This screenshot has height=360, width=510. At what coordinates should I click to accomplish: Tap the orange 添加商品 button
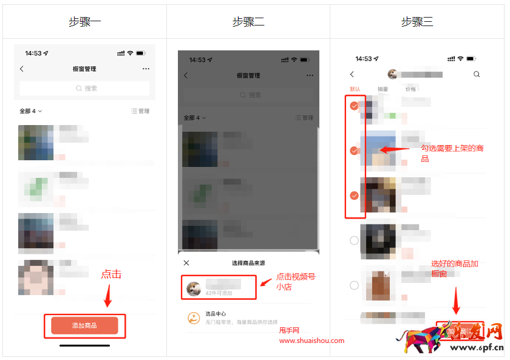pos(84,325)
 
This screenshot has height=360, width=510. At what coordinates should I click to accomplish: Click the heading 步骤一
pos(84,22)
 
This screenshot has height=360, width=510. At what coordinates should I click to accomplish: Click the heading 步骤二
pos(248,22)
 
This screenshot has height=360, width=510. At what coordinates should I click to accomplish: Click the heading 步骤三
pos(417,22)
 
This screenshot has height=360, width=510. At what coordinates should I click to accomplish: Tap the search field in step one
pos(84,89)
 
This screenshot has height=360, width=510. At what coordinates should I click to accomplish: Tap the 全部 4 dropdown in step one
pos(30,111)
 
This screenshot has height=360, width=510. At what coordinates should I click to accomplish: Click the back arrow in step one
pos(22,69)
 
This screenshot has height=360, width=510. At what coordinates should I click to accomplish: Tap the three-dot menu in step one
pos(146,69)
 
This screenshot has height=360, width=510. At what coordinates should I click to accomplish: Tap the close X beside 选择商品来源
pos(186,263)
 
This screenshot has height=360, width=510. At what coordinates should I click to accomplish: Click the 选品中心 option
pos(216,314)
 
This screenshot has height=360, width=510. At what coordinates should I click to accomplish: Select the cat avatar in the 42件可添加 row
pos(194,288)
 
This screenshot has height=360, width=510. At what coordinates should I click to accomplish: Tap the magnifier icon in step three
pos(477,74)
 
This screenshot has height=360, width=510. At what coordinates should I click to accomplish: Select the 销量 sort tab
pos(382,89)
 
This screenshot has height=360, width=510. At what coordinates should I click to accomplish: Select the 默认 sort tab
pos(355,89)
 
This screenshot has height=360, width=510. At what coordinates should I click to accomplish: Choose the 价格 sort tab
pos(410,89)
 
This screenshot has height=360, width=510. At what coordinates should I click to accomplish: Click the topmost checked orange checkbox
pos(355,106)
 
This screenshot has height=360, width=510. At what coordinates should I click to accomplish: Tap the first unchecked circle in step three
pos(355,240)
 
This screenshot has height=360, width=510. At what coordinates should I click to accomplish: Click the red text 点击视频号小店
pos(296,282)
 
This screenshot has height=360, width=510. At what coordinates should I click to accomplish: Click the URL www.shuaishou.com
pos(311,341)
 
